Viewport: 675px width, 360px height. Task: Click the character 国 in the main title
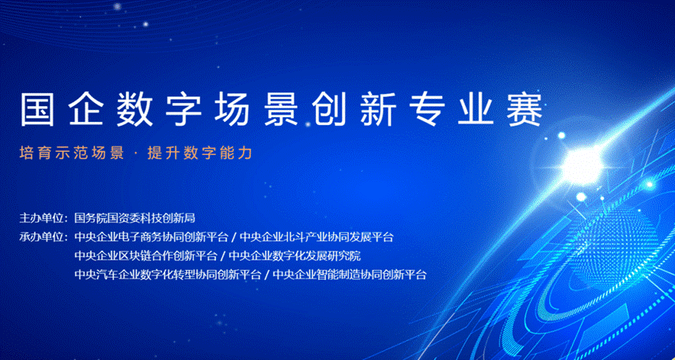[x=37, y=108]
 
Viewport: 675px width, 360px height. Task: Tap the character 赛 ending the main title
[x=525, y=108]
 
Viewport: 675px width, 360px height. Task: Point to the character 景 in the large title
[x=281, y=108]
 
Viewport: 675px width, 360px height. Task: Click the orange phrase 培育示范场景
[x=72, y=153]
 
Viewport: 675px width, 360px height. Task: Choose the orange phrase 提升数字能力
[x=199, y=153]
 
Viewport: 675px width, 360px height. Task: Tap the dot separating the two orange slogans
[x=136, y=153]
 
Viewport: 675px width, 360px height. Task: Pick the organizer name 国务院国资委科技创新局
[x=135, y=218]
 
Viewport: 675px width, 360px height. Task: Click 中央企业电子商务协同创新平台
[x=151, y=237]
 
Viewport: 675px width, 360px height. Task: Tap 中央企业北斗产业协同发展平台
[x=317, y=237]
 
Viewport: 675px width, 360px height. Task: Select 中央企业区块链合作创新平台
[x=146, y=256]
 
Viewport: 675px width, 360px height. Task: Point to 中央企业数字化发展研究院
[x=294, y=256]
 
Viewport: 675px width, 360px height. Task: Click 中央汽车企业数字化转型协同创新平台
[x=168, y=275]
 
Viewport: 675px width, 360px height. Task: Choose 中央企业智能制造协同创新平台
[x=350, y=275]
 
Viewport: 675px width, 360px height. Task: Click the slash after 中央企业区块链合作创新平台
[x=222, y=256]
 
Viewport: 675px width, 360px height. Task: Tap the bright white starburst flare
[x=582, y=165]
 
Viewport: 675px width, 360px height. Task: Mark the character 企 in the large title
[x=85, y=108]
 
